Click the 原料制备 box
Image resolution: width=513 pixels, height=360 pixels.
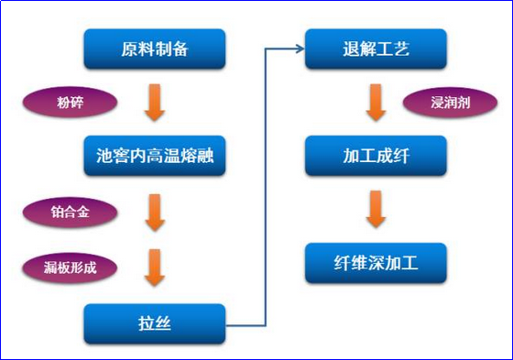154,49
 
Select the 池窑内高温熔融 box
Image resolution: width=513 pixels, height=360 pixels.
154,156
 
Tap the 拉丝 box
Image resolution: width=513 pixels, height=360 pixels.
154,323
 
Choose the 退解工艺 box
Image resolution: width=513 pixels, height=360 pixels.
376,49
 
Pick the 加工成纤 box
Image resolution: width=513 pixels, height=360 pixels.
376,156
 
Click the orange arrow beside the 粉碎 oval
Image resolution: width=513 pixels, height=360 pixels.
154,103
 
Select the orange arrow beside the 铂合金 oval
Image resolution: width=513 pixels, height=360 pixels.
154,213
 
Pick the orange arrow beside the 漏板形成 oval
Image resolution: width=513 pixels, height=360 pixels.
154,267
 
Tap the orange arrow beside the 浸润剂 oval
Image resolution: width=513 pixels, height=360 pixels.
376,103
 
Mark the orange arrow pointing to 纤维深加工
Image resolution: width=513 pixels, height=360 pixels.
376,209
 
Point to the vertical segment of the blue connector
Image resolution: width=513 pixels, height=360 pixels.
265,183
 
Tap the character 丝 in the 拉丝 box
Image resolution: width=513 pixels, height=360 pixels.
164,323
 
